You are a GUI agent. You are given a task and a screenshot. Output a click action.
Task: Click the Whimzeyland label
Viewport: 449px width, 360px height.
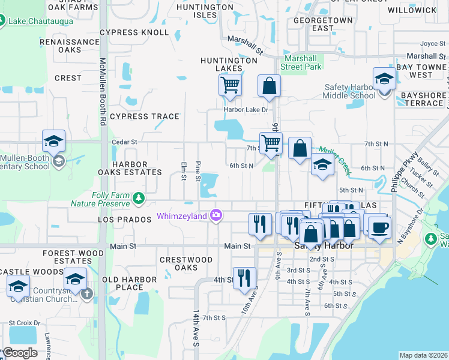click(182, 216)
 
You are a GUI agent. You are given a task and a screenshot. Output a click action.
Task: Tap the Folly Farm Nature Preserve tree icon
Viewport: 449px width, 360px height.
click(139, 197)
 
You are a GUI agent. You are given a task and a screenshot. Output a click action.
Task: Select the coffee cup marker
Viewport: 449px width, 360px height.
click(381, 228)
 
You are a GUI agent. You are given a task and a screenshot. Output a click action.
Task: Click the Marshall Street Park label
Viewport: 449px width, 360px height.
click(302, 62)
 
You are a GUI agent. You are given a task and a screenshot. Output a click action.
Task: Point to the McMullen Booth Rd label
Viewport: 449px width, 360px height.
click(103, 91)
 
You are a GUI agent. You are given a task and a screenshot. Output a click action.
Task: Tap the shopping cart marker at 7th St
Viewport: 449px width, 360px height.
click(271, 143)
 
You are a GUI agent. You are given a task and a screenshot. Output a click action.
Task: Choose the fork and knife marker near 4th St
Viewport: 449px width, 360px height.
click(244, 278)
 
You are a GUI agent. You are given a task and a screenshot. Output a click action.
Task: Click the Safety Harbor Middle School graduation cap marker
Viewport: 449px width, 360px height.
click(384, 79)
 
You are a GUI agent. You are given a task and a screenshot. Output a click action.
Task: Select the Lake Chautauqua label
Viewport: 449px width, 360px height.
click(41, 22)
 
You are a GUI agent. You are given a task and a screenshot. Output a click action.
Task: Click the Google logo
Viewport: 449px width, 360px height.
click(20, 352)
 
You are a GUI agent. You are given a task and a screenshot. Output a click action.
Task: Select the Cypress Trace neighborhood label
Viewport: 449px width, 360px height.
click(144, 116)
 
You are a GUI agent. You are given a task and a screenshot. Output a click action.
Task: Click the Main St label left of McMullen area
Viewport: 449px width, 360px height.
click(124, 246)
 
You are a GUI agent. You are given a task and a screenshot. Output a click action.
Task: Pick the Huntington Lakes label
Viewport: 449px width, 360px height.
click(229, 64)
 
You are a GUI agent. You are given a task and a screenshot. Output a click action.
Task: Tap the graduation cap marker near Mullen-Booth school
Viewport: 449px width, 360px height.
click(53, 142)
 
